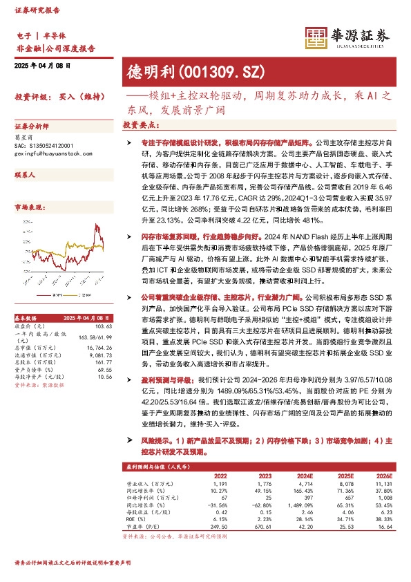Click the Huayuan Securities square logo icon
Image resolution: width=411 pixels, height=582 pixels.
(x=316, y=39)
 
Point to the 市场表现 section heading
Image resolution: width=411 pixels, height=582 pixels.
(x=30, y=207)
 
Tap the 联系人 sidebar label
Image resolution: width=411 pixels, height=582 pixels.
(x=25, y=176)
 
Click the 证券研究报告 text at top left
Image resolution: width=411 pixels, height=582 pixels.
(x=33, y=10)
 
